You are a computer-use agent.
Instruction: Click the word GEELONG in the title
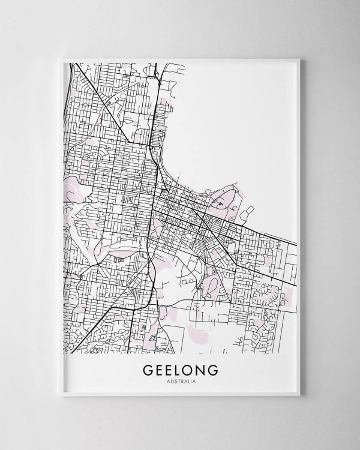coord(180,369)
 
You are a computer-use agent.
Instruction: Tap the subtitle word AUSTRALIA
coord(180,380)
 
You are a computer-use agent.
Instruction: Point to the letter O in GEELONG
coord(187,369)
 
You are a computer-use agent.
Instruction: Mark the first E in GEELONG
coord(157,369)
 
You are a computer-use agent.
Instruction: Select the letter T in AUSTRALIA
coord(178,380)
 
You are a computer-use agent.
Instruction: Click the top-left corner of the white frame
coord(62,59)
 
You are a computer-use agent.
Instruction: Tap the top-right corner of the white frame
coord(299,59)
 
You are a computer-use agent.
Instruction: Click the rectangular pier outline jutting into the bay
coord(247,212)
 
